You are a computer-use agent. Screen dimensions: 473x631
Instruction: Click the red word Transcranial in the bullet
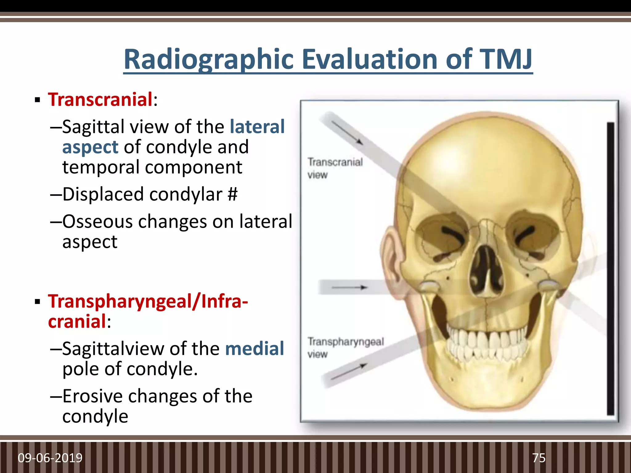pos(100,100)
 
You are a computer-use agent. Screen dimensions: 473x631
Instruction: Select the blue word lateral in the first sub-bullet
pos(257,127)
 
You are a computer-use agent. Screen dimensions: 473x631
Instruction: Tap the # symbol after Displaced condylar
pos(233,194)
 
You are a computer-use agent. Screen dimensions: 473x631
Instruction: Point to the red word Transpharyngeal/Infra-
pos(148,301)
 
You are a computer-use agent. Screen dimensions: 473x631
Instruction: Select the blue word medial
pos(254,349)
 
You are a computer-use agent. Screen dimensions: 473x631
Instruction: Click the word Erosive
pos(92,396)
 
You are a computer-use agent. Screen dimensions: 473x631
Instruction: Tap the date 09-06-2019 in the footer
pos(50,458)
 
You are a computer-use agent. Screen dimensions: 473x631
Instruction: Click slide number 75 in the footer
pos(539,458)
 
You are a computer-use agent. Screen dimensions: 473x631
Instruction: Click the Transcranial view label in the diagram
pos(335,168)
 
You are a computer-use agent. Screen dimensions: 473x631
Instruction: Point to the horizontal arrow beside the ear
pos(350,288)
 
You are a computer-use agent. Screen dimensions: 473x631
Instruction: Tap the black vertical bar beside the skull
pos(610,268)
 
